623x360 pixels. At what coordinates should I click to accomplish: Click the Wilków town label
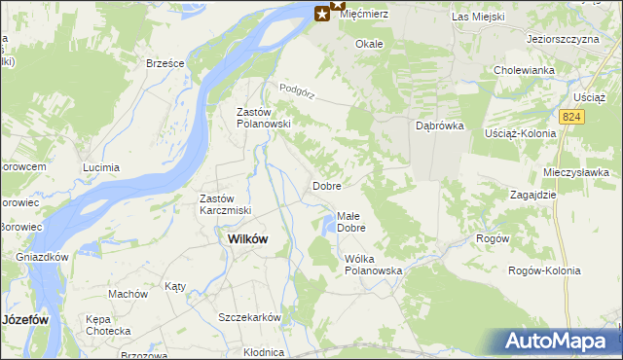click(247, 238)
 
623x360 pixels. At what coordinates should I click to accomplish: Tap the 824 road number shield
click(573, 117)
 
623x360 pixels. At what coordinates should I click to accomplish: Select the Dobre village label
click(325, 185)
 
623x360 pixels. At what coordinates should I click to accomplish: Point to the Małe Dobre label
click(350, 222)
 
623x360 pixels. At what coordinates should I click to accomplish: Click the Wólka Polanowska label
click(373, 265)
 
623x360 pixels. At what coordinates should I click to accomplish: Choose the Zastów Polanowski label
click(264, 118)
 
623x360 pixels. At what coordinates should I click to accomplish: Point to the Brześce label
click(165, 62)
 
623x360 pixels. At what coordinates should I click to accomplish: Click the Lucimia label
click(101, 167)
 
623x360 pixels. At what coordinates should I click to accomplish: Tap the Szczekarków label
click(249, 318)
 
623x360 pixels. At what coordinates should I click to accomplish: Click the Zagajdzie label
click(532, 195)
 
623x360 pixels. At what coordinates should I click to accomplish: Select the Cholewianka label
click(524, 70)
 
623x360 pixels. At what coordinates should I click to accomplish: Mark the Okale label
click(369, 44)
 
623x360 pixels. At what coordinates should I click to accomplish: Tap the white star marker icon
click(322, 14)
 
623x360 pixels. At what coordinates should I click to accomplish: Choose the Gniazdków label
click(42, 258)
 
